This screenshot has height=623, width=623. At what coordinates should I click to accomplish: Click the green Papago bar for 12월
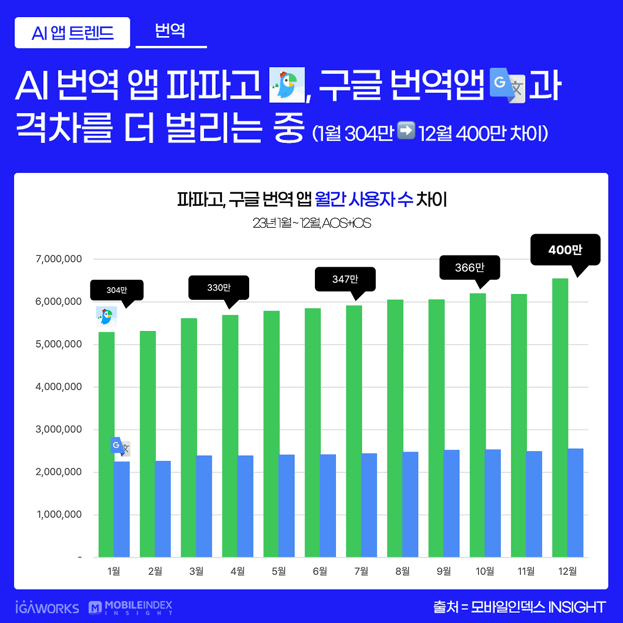pos(560,419)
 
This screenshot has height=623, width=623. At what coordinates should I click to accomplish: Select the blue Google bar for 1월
pos(122,509)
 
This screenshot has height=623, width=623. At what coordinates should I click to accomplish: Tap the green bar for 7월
pos(354,431)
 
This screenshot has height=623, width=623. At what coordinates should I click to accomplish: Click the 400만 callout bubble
pos(565,250)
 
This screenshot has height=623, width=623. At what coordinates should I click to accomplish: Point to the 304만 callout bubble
pos(117,290)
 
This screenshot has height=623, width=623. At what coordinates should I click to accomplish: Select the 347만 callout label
pos(345,279)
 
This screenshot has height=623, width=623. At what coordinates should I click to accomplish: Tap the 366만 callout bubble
pos(470,267)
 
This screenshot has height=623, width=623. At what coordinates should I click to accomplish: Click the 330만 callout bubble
pos(219,288)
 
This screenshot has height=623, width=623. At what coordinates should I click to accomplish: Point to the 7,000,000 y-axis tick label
pos(59,259)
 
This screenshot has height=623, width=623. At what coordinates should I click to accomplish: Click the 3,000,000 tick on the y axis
pos(59,429)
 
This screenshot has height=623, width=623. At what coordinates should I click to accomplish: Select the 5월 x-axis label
pos(279,571)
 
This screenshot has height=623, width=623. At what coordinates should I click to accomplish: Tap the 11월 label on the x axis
pos(526,571)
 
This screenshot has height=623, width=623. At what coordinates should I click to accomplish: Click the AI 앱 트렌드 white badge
pos(73,33)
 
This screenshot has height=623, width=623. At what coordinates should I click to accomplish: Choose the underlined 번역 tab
pos(170,31)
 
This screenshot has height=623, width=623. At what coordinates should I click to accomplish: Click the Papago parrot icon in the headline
pos(287,85)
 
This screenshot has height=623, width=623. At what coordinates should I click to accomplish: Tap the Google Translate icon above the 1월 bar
pos(120,446)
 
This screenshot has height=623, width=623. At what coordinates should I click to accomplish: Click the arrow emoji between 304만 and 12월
pos(406,131)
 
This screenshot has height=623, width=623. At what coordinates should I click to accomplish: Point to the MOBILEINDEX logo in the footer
pos(130,607)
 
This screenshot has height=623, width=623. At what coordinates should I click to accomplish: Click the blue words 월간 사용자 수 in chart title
pos(364,199)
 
